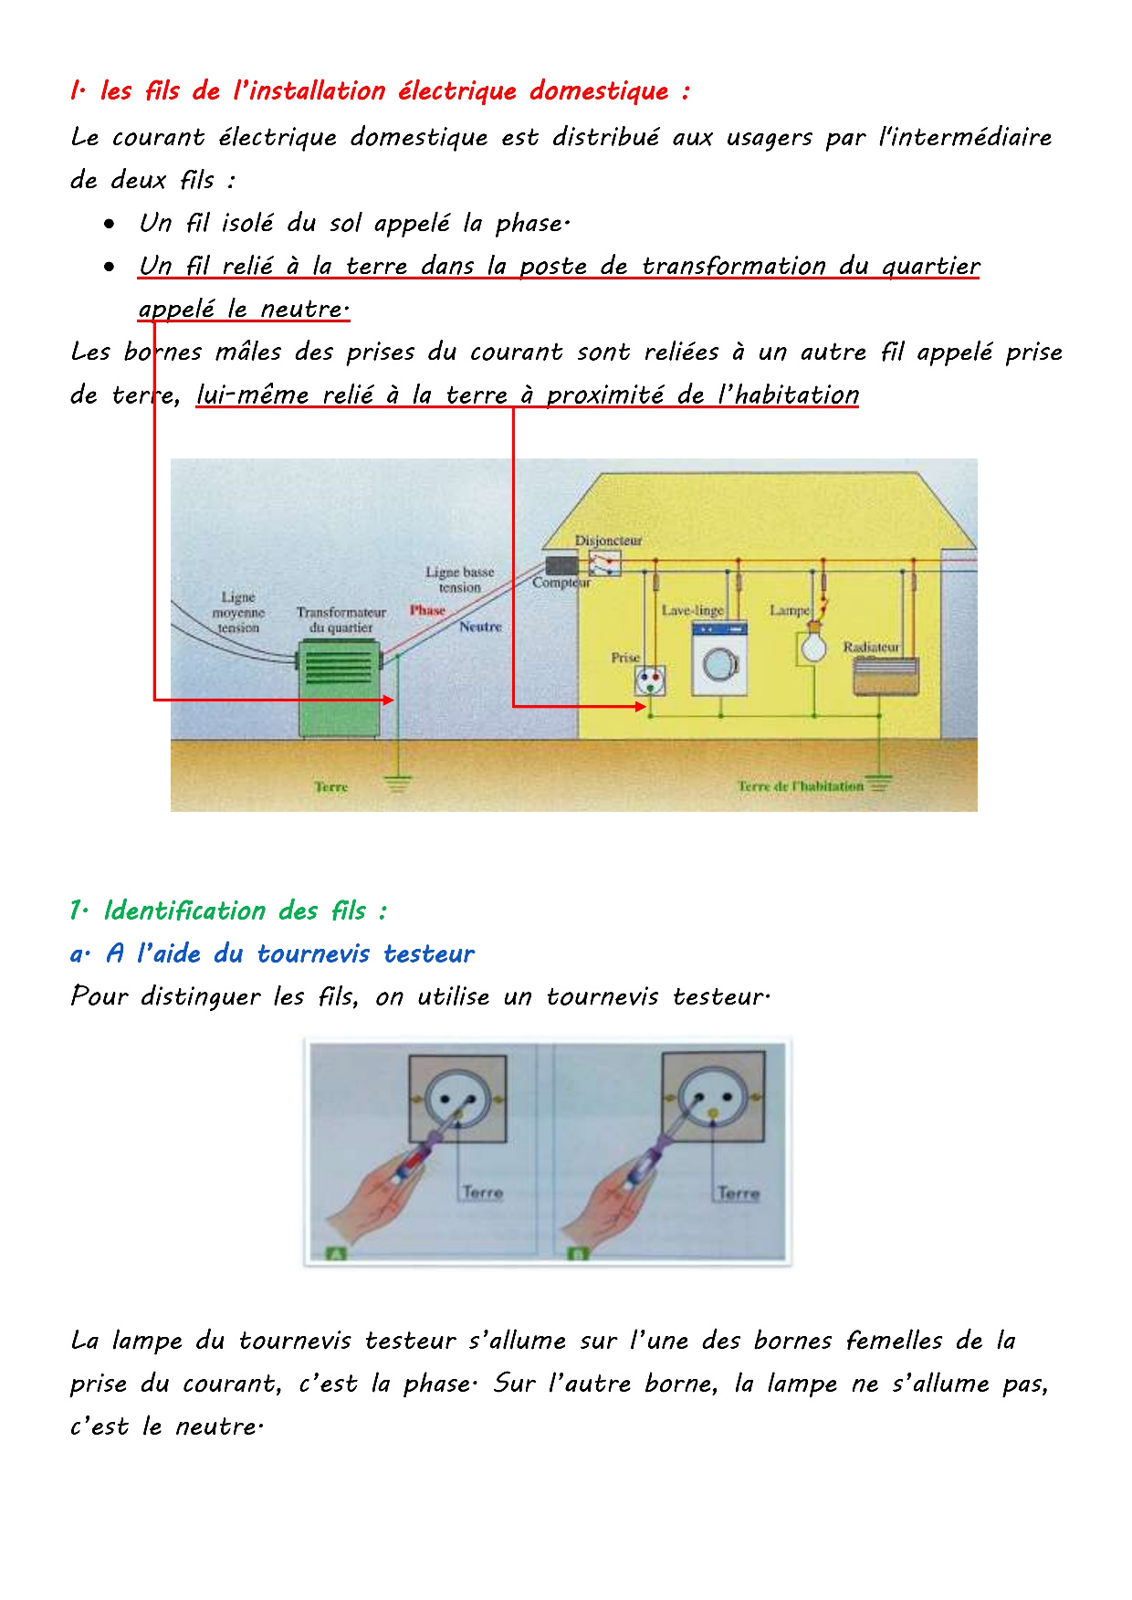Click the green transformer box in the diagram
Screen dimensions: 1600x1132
click(340, 687)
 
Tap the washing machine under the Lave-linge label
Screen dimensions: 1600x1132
click(719, 658)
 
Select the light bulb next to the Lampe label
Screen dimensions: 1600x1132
click(813, 645)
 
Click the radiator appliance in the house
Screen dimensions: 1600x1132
click(886, 676)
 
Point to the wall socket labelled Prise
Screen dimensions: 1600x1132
click(649, 680)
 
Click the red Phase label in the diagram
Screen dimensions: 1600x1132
click(427, 610)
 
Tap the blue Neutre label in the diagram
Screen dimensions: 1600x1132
click(480, 626)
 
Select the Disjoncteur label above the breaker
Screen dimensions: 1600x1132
click(608, 541)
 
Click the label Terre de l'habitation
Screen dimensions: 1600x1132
click(800, 786)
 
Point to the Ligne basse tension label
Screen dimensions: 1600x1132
click(459, 579)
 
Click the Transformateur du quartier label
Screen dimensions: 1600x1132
click(341, 619)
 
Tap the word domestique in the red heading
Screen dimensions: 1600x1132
click(599, 91)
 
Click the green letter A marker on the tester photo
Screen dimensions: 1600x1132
click(335, 1254)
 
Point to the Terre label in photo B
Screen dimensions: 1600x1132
click(738, 1193)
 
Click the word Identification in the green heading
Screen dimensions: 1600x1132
click(184, 911)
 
